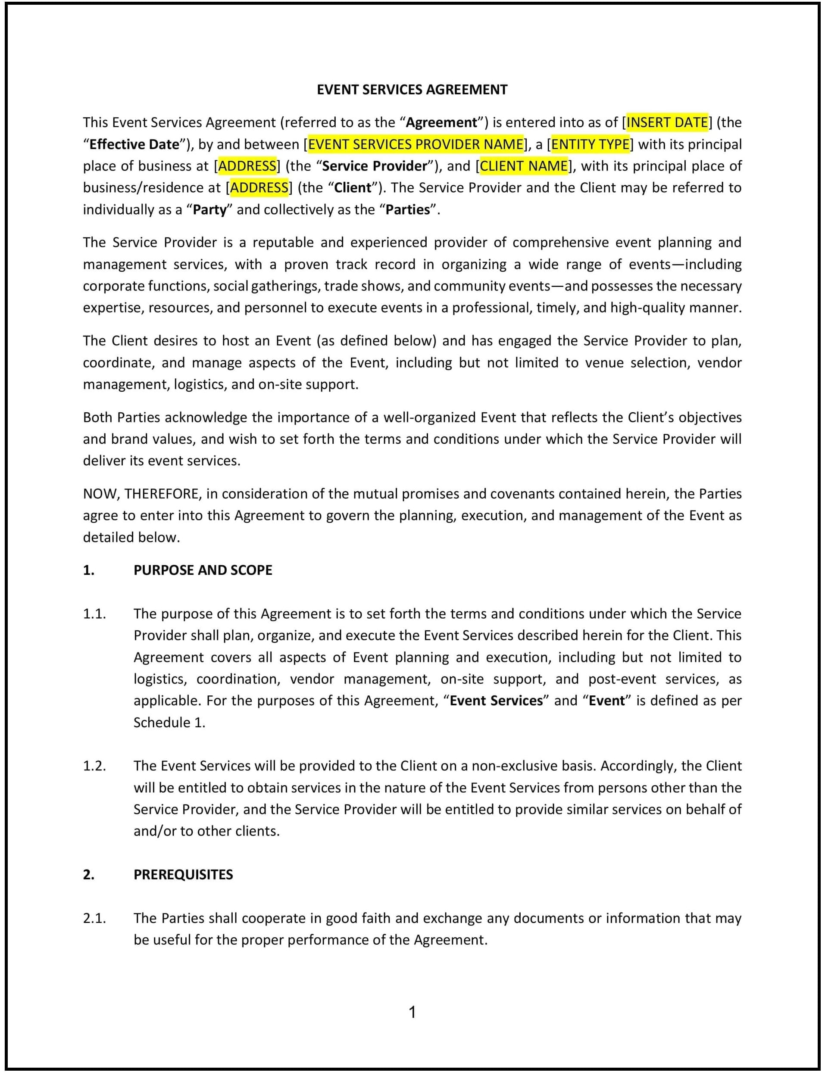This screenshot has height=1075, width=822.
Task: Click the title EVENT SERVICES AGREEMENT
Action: (412, 90)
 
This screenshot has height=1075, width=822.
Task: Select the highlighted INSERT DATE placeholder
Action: (667, 122)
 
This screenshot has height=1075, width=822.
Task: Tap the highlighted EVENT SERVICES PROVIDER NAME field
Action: (416, 144)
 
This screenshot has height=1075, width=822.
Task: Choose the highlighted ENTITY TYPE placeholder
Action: (590, 144)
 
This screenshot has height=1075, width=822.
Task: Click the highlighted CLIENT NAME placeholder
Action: (524, 166)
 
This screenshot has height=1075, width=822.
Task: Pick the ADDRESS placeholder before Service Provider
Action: (247, 166)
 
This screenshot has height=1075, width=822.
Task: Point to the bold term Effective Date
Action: (134, 144)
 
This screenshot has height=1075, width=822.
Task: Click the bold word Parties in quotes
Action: (408, 210)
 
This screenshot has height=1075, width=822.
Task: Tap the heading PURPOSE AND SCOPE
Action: (203, 570)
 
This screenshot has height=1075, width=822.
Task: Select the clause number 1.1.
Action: (94, 614)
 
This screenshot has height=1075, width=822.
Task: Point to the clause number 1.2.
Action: (94, 766)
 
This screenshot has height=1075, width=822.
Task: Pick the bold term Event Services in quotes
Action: (496, 701)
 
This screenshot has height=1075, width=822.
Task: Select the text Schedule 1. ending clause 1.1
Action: (169, 723)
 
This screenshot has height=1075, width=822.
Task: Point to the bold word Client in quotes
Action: (352, 188)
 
